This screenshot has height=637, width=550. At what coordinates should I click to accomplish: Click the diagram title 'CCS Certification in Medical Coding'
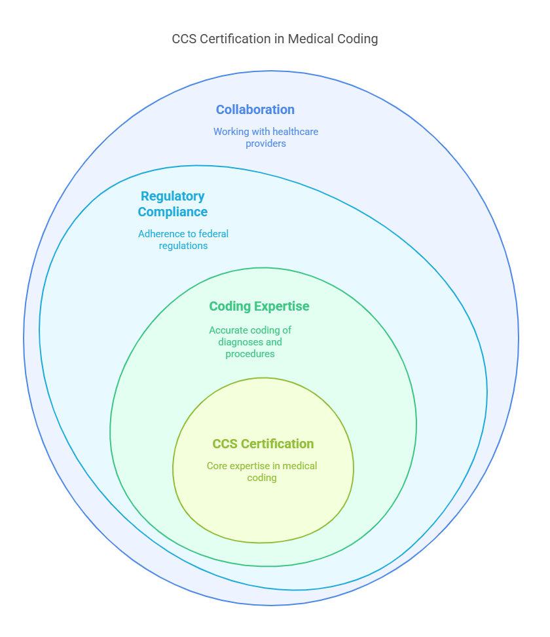(275, 39)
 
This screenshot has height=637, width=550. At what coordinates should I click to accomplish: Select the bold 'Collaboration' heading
(255, 109)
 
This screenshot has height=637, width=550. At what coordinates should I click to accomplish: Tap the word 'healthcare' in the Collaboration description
(296, 132)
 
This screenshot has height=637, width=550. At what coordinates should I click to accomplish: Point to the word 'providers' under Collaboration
(266, 144)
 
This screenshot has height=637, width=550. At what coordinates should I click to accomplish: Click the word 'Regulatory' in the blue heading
(173, 196)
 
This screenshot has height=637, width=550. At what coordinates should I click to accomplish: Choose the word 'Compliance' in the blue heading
(173, 212)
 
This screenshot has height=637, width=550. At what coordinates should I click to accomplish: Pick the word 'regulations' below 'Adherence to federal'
(183, 246)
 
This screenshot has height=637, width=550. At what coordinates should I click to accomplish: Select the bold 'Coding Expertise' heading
(259, 306)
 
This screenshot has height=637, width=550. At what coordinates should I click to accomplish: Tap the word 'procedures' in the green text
(250, 354)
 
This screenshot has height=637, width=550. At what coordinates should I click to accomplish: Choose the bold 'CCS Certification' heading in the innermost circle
(263, 444)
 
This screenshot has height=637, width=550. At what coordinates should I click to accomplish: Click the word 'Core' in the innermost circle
(217, 466)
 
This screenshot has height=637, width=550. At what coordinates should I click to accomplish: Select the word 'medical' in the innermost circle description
(301, 466)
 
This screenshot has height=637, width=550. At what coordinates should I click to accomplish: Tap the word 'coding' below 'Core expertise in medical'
(262, 478)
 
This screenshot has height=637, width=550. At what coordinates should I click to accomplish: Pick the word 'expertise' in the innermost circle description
(251, 466)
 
